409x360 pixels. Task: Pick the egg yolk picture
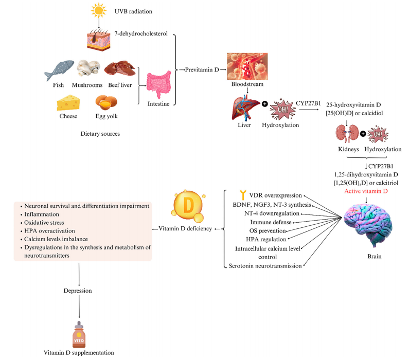pyautogui.click(x=104, y=102)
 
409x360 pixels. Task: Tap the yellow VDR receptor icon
pyautogui.click(x=243, y=195)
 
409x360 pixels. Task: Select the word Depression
pyautogui.click(x=79, y=291)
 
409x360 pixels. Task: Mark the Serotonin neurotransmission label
pyautogui.click(x=265, y=266)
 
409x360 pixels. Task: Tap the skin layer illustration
pyautogui.click(x=98, y=39)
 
